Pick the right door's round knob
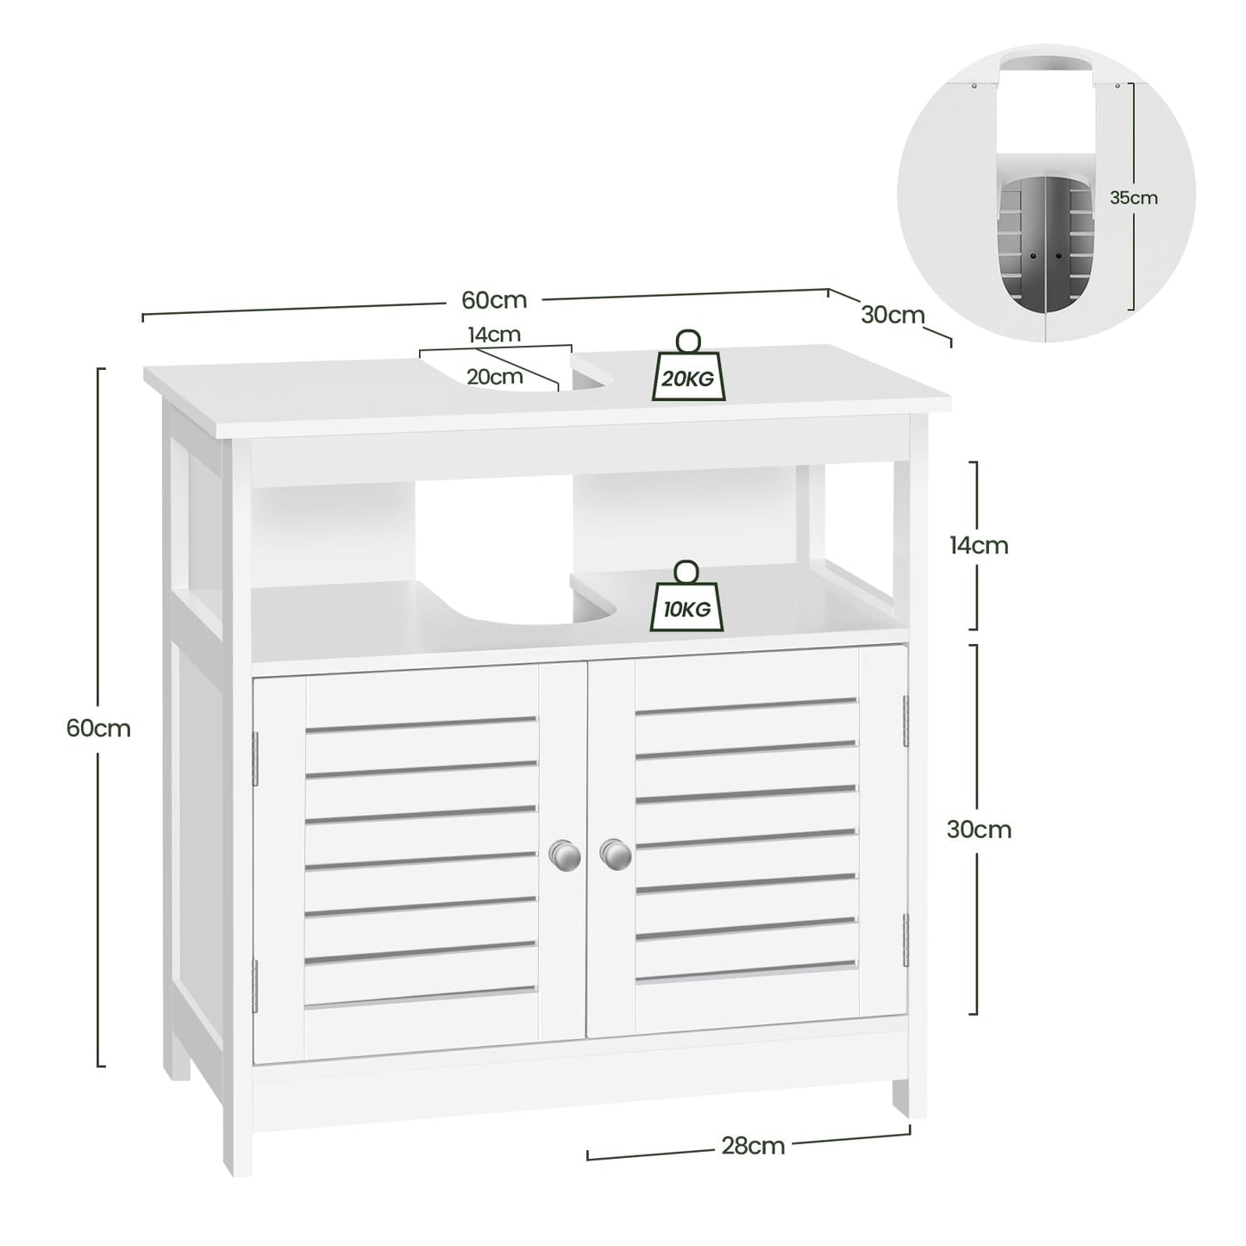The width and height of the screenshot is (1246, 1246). click(x=615, y=854)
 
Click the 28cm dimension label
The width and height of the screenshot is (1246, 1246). click(x=753, y=1145)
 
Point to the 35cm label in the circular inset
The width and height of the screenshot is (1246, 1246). click(x=1133, y=197)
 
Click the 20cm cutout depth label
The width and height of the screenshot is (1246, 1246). click(x=494, y=377)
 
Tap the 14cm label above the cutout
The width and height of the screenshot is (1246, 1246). click(x=494, y=335)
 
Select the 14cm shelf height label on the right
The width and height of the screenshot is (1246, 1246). click(x=978, y=545)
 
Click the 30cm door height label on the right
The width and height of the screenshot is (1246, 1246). click(x=978, y=830)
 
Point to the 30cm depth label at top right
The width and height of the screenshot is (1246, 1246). click(x=892, y=315)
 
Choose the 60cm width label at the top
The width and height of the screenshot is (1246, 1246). click(x=493, y=299)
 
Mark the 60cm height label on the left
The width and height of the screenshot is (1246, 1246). click(x=98, y=728)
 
